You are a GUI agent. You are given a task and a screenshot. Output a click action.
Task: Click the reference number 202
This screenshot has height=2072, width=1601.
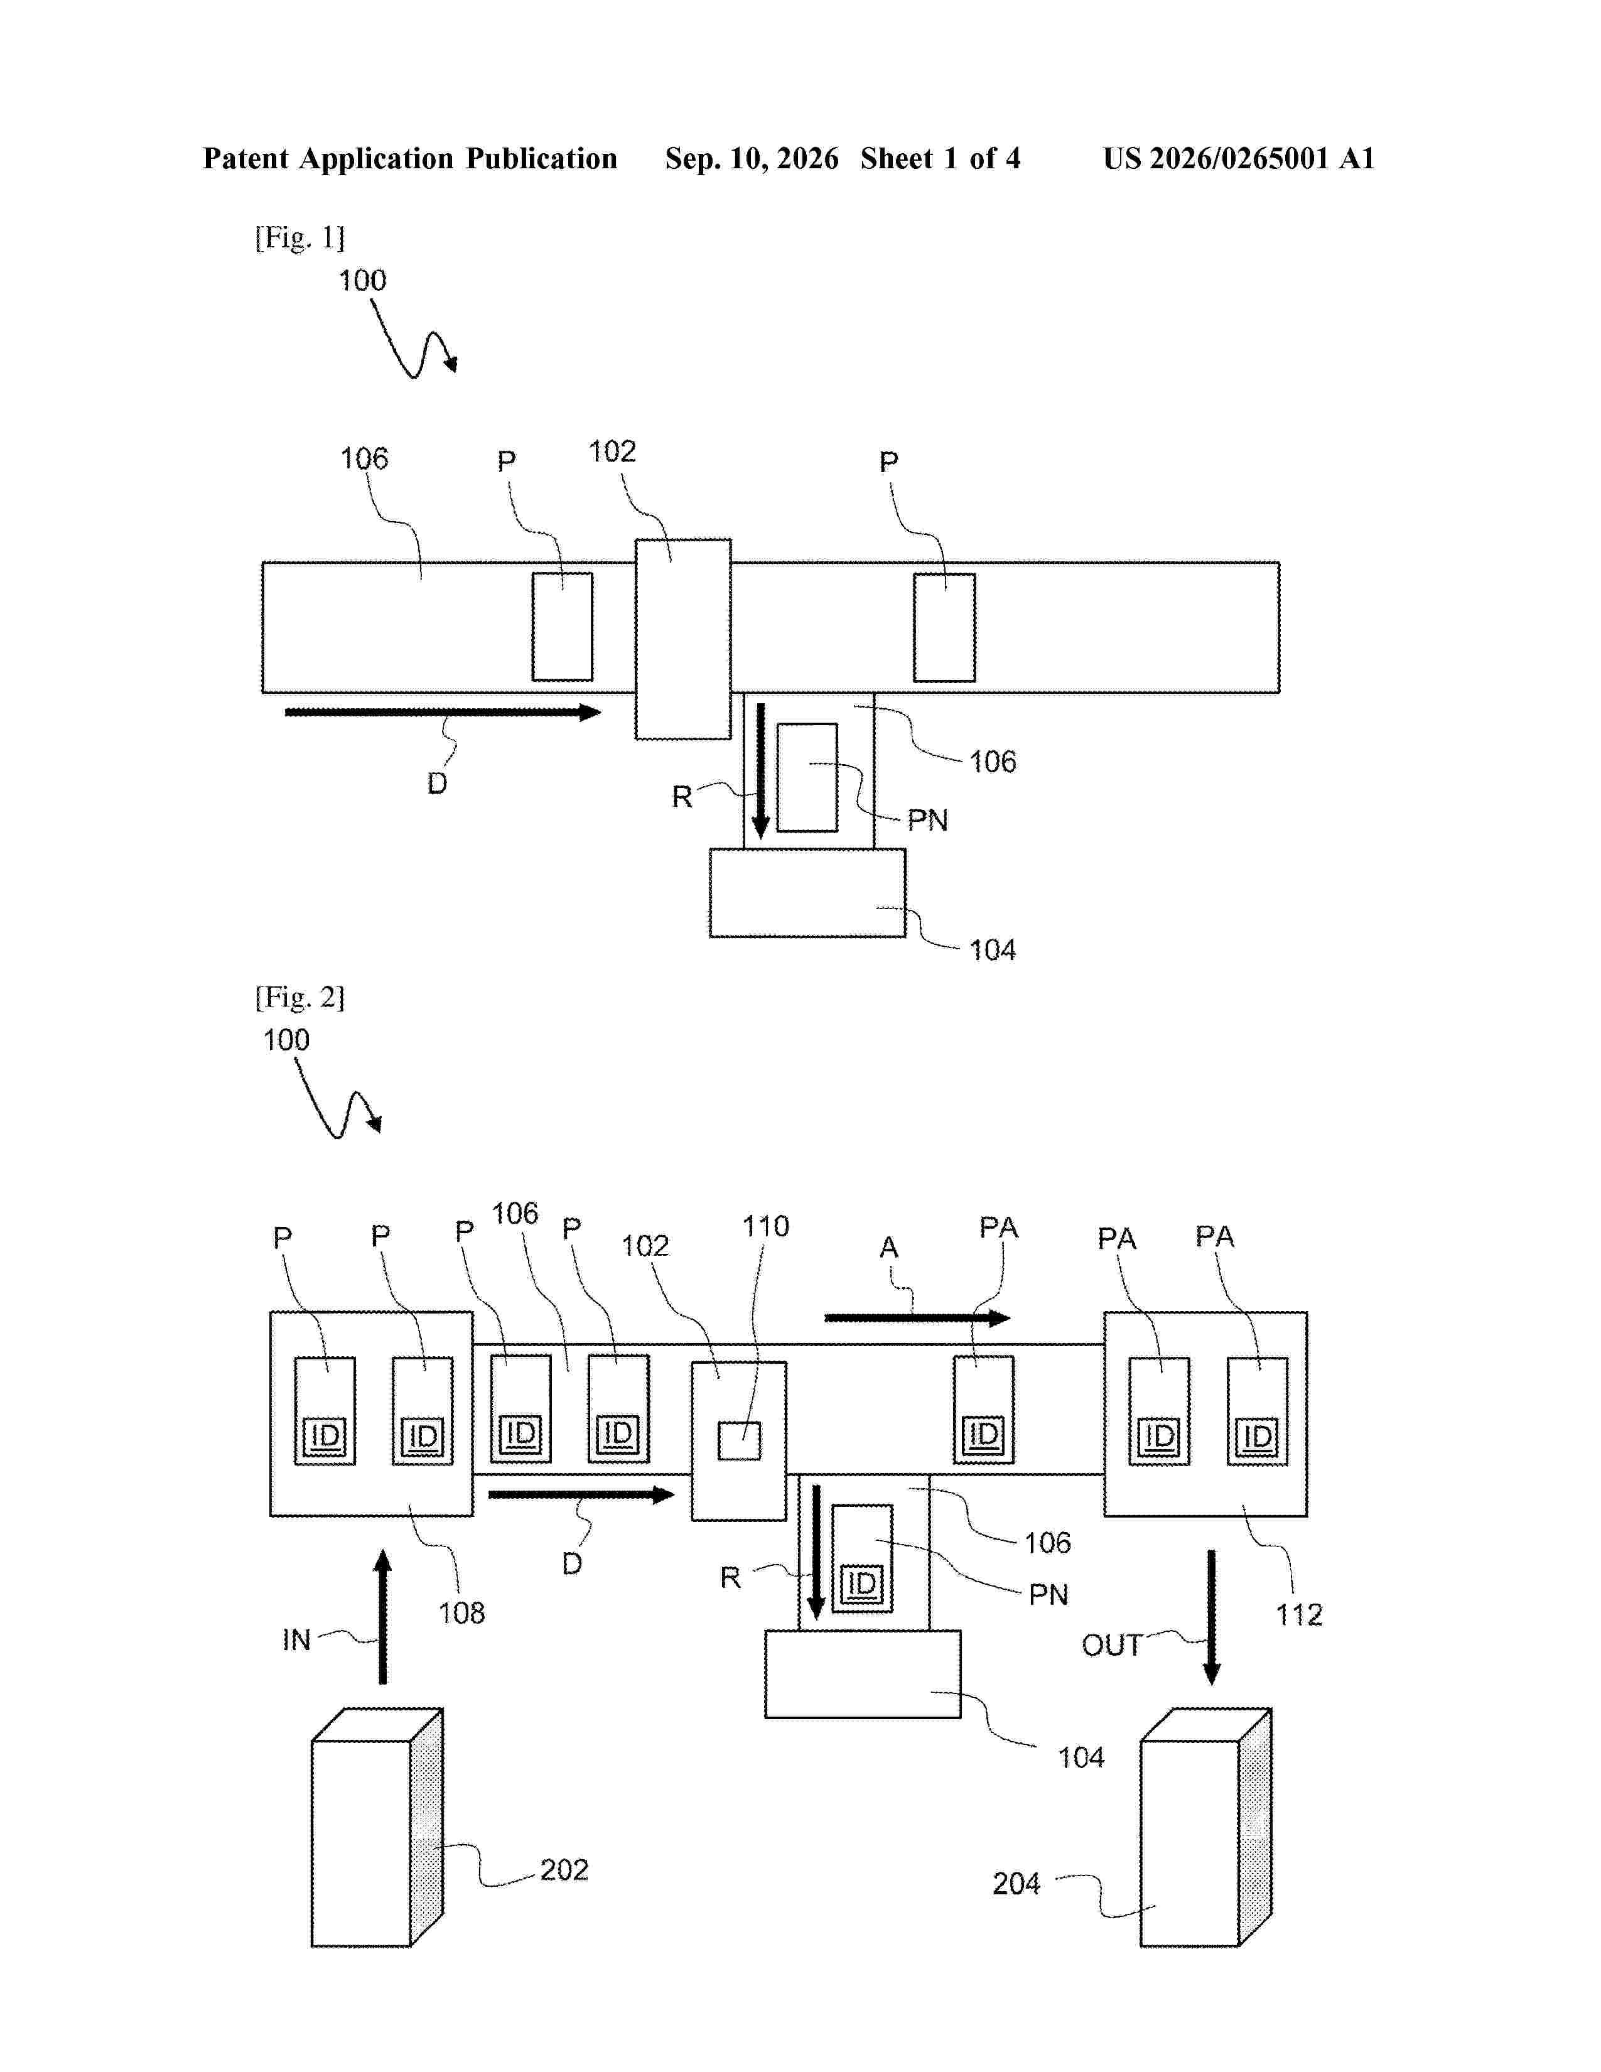pyautogui.click(x=564, y=1869)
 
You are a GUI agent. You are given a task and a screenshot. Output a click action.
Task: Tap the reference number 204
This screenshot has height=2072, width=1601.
pyautogui.click(x=1016, y=1883)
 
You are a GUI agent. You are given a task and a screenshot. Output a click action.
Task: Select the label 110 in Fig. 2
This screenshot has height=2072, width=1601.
pyautogui.click(x=765, y=1226)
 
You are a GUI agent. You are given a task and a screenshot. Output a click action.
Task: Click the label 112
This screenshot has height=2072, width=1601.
pyautogui.click(x=1298, y=1615)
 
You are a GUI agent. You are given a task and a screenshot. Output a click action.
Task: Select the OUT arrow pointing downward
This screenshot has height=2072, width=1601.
pyautogui.click(x=1211, y=1617)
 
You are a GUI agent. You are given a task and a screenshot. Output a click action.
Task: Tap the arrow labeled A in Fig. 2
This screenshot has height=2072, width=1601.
pyautogui.click(x=917, y=1318)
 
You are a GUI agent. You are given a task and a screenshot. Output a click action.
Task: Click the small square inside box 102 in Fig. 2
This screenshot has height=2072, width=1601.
pyautogui.click(x=739, y=1441)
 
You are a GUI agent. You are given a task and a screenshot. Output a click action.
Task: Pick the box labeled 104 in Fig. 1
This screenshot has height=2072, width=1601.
pyautogui.click(x=807, y=893)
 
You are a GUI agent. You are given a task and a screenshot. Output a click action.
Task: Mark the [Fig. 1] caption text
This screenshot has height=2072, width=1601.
pyautogui.click(x=299, y=237)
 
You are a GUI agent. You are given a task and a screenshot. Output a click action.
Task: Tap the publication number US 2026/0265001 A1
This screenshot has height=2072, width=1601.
pyautogui.click(x=1239, y=158)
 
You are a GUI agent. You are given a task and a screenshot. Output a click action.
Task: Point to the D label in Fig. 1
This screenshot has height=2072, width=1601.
pyautogui.click(x=436, y=784)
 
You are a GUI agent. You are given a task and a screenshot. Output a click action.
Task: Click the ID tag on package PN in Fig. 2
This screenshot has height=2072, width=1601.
pyautogui.click(x=862, y=1584)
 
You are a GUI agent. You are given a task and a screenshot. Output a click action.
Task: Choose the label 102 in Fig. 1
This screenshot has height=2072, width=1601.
pyautogui.click(x=612, y=451)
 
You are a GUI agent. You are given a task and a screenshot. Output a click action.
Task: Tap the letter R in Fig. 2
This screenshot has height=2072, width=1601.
pyautogui.click(x=730, y=1578)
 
